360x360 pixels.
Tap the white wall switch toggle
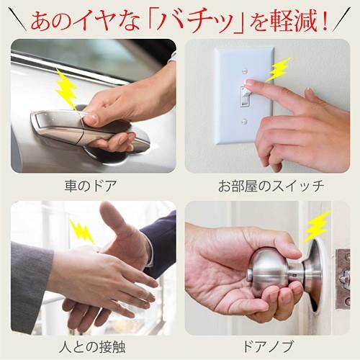coord(246,96)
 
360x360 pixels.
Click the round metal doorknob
coord(267,269)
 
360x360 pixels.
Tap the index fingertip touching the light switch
coord(250,92)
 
